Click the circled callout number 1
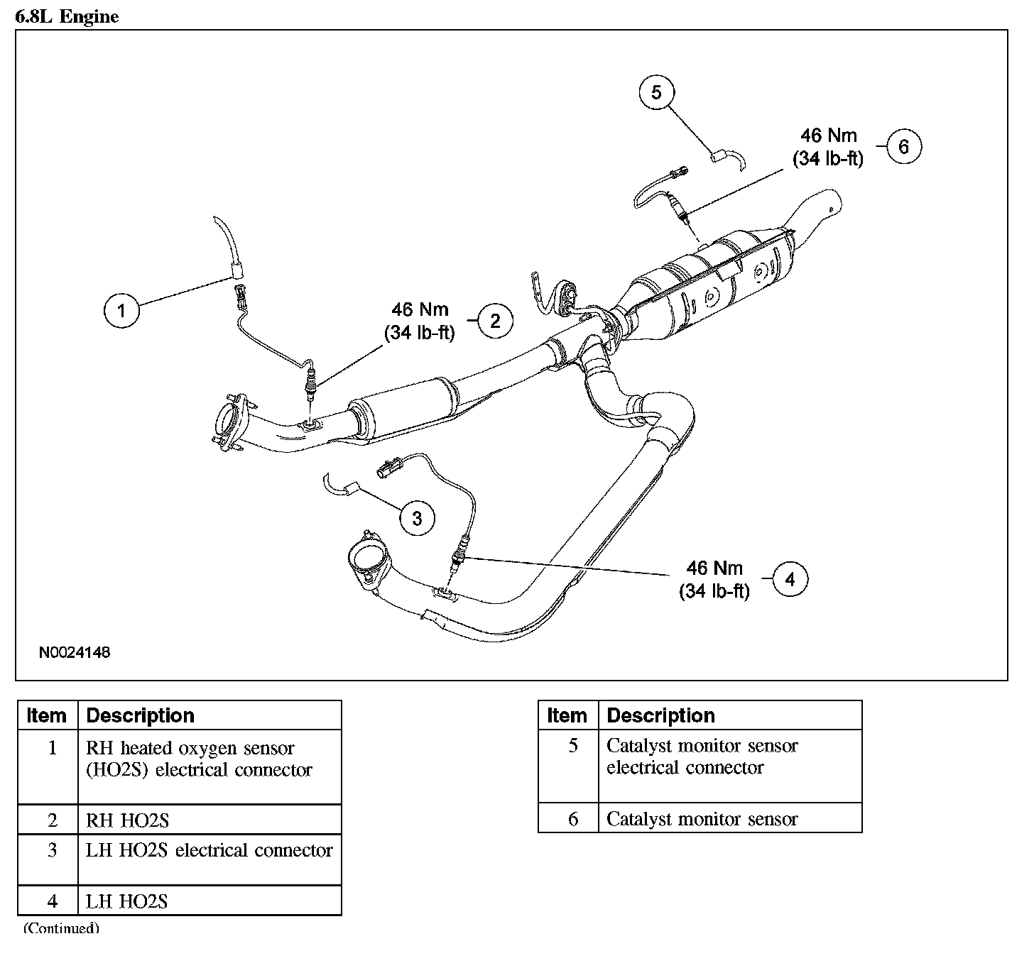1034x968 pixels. [121, 311]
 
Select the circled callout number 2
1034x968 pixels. [495, 321]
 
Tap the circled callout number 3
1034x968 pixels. [417, 518]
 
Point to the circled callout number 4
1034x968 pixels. [790, 578]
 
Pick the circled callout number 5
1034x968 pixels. [656, 93]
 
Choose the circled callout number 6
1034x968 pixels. [903, 146]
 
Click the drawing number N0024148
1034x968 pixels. [75, 653]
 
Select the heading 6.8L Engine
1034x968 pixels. [67, 16]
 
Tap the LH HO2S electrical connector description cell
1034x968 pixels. [209, 860]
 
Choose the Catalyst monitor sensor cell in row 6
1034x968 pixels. [730, 819]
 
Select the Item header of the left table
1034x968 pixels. [46, 715]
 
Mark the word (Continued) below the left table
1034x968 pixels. [62, 928]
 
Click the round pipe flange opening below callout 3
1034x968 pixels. [368, 558]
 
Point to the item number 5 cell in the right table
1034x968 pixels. [569, 766]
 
